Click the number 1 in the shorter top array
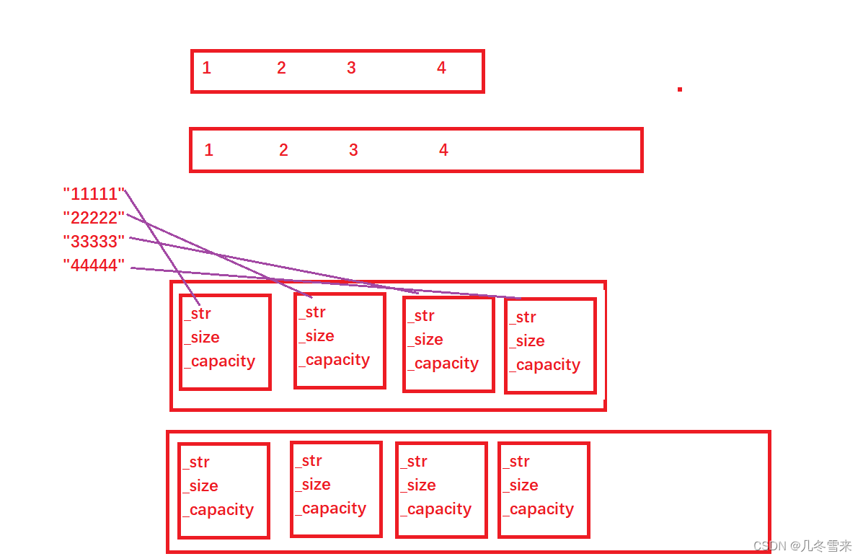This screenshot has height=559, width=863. tap(207, 69)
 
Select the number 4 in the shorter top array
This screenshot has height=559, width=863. tap(441, 69)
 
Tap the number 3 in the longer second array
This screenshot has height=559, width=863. tap(353, 150)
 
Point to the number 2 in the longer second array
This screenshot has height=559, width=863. tap(283, 150)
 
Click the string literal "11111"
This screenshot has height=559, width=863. tap(94, 194)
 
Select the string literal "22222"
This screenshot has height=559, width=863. tap(94, 218)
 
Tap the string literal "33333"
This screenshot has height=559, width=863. tap(94, 242)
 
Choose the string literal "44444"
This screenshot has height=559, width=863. tap(94, 266)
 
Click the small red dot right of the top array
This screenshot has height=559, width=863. tap(679, 89)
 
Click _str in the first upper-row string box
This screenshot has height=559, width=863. tap(198, 314)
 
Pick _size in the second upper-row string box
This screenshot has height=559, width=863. tap(317, 336)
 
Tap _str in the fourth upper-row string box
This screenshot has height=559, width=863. tap(523, 317)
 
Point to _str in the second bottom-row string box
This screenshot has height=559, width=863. tap(309, 461)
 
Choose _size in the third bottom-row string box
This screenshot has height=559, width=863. tap(419, 485)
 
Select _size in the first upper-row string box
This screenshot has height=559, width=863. tap(202, 338)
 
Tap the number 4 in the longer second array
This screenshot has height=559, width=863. tap(443, 150)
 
